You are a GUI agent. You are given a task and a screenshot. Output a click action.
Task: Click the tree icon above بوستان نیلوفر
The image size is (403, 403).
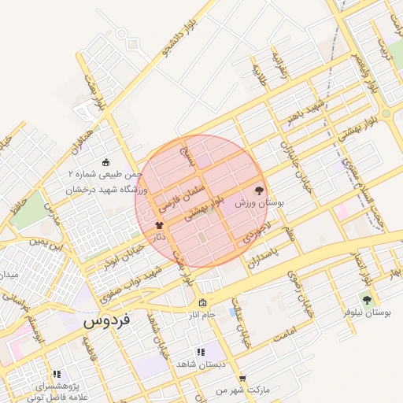[x=366, y=299]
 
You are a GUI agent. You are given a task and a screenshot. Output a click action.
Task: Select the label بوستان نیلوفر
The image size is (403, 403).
[x=366, y=312]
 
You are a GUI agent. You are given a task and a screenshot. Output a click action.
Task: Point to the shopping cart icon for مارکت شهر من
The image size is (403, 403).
[x=242, y=379]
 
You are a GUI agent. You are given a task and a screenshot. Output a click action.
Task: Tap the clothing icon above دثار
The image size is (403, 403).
[x=161, y=225]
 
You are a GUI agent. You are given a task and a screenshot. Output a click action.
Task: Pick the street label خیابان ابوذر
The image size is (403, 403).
[x=123, y=253]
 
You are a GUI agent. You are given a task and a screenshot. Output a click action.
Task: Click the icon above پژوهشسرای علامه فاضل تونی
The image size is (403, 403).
[x=56, y=375]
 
